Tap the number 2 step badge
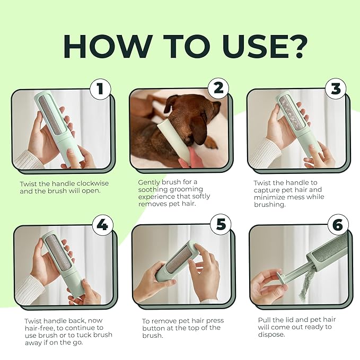pos(218,89)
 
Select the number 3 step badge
pos(335,89)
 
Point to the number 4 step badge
pos(102,225)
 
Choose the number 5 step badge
pos(220,225)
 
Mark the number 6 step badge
pos(337,225)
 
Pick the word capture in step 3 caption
pos(269,189)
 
